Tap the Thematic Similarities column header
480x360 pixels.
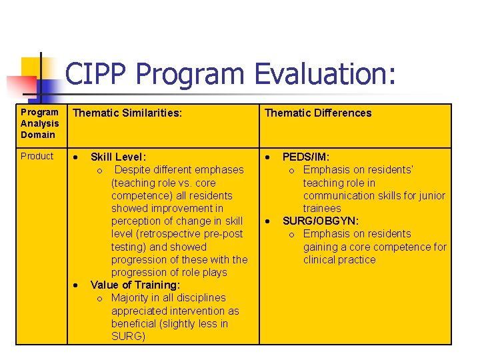[x=127, y=113]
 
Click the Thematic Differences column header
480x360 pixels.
[x=318, y=113]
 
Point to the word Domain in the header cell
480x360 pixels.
[x=38, y=135]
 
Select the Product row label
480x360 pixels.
[x=37, y=156]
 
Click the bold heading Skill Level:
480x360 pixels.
[x=118, y=157]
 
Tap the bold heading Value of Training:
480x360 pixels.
[x=135, y=285]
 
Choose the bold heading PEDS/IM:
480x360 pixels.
[x=305, y=157]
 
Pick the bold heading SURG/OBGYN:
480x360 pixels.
[x=321, y=221]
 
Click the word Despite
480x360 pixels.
[x=135, y=170]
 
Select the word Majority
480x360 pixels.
[x=131, y=298]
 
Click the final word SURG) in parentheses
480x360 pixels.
[x=128, y=336]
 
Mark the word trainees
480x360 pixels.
[x=322, y=208]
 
